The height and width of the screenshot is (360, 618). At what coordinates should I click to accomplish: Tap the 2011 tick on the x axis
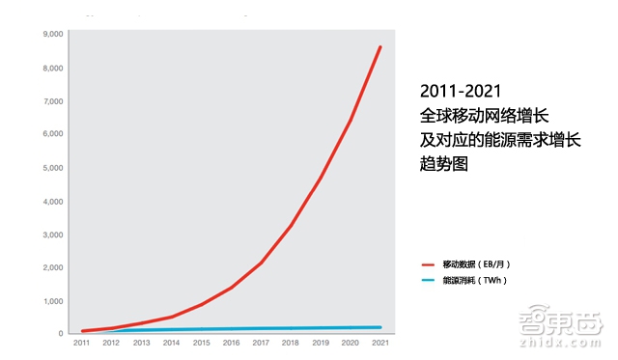81,343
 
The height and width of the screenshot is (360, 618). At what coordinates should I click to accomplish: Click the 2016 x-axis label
231,343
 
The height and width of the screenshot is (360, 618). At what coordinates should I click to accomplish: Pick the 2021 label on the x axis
379,343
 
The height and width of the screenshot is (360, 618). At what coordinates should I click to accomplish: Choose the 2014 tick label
171,343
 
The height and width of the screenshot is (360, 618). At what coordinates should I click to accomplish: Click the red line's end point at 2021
380,46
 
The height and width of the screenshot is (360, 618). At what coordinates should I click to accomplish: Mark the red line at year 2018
291,226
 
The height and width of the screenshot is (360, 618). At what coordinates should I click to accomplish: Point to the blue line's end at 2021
379,327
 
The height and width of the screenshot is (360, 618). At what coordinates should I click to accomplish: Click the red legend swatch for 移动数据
430,263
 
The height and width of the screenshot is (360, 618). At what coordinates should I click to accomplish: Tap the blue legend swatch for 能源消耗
430,280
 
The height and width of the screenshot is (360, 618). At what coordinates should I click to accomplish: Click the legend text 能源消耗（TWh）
475,280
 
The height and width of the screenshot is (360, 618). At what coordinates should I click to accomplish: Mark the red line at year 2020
351,120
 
